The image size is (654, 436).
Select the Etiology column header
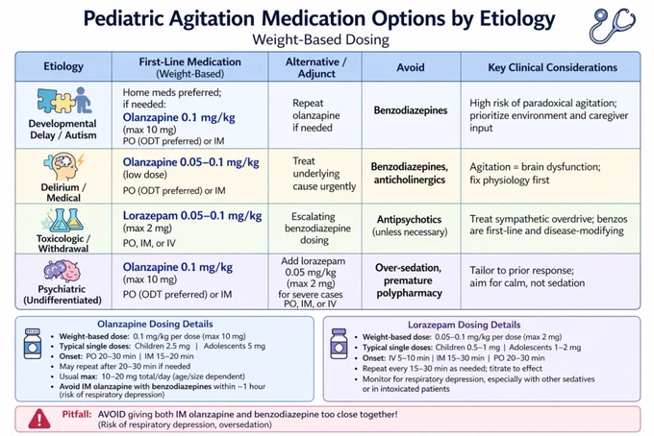coord(63,66)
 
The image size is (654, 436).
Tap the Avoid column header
coord(411,67)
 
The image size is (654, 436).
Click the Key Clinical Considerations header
coord(553,67)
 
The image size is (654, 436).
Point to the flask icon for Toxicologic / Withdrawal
coord(63,221)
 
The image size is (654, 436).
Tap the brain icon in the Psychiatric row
coord(63,271)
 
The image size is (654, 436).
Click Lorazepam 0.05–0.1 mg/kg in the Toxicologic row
coord(192,216)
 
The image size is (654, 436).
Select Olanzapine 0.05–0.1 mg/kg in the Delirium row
coord(191,162)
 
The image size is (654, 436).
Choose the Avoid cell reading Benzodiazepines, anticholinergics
coord(409,173)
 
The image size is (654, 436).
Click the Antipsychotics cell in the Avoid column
coord(409,226)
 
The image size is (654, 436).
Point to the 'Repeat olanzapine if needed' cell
coord(315,115)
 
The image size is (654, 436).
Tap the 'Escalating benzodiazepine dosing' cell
coord(317,229)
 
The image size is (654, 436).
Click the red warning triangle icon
coord(39,419)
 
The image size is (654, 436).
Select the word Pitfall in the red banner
coord(77,414)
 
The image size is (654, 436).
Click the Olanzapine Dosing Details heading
coord(155,324)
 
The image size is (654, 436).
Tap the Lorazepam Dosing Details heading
coord(465,325)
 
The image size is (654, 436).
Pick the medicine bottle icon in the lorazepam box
coord(339,344)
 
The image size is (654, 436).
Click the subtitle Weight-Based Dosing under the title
coord(320,40)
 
